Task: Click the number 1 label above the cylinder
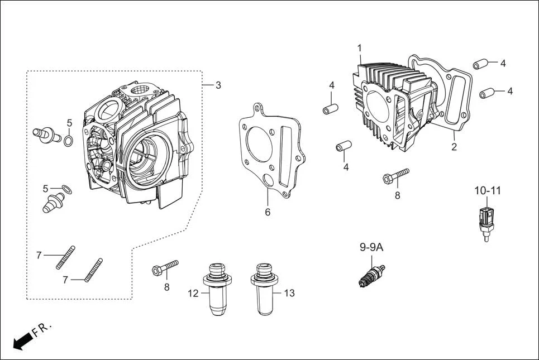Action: (x=360, y=48)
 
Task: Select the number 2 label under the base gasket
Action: (x=454, y=147)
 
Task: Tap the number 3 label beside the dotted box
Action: (x=218, y=85)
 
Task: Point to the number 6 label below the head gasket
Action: (x=268, y=212)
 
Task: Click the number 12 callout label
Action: (x=193, y=294)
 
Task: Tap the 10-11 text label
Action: (x=488, y=191)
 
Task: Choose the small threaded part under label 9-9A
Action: (x=371, y=276)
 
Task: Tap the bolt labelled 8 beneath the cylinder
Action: (x=395, y=175)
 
